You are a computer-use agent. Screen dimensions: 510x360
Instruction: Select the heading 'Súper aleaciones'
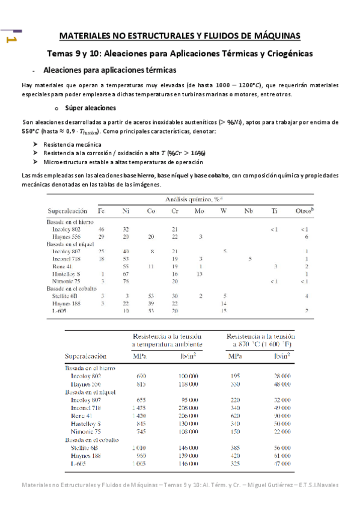[x=91, y=108]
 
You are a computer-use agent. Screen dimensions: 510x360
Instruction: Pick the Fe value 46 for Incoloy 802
[x=101, y=229]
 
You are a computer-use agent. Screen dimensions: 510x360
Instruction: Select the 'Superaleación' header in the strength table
[x=90, y=356]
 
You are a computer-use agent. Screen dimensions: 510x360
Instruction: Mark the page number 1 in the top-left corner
[x=10, y=39]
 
